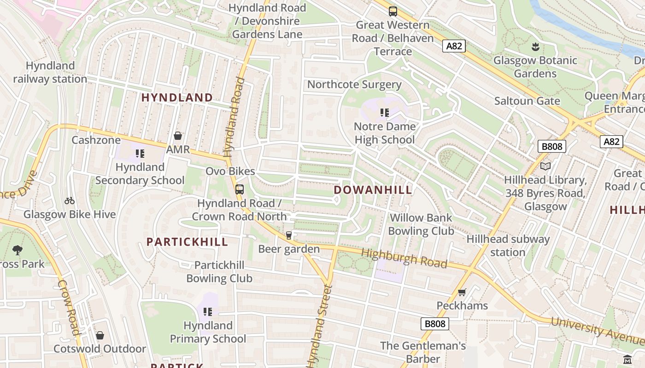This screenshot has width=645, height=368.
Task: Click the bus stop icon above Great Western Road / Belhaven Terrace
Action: coord(393,11)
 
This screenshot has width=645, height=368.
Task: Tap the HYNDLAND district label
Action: coord(177,98)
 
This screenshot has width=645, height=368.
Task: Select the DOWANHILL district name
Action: coord(373,190)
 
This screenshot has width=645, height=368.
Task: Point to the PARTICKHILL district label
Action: coord(187,242)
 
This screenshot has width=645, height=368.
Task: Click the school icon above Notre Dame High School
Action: coord(385,113)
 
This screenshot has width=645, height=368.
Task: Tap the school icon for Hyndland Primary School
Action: coord(208,312)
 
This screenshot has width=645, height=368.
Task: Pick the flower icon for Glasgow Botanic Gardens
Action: coord(535,46)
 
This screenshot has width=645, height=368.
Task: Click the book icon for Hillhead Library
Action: coord(545,166)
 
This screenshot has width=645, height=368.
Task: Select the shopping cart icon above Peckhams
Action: coord(462,292)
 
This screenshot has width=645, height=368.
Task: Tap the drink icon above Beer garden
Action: coord(289,236)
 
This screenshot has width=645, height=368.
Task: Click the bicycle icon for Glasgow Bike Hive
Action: coord(70,201)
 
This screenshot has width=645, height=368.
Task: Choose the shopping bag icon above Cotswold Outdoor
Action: coord(100,335)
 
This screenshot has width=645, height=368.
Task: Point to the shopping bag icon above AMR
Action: coord(178,136)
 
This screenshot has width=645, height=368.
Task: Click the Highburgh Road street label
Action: coord(404,258)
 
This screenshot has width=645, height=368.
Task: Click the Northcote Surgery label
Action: coord(354,85)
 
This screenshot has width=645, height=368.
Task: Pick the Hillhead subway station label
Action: coord(508,246)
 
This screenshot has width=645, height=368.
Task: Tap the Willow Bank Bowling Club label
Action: coord(421,224)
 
